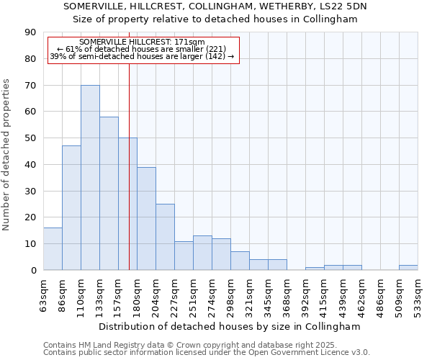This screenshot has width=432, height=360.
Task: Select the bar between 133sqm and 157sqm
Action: (109, 194)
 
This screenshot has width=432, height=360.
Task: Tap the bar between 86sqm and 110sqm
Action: (71, 208)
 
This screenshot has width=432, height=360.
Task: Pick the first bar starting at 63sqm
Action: (53, 249)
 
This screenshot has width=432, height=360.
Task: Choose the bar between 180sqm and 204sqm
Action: (146, 219)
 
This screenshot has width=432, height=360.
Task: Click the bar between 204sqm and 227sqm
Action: (165, 237)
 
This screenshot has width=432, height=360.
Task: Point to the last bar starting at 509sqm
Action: (408, 268)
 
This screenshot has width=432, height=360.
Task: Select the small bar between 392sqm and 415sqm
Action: (315, 269)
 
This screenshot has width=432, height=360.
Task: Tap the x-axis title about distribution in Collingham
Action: (228, 326)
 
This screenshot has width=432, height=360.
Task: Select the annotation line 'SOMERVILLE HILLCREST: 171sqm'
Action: (142, 42)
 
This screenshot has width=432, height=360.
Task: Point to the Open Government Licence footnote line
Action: (206, 353)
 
